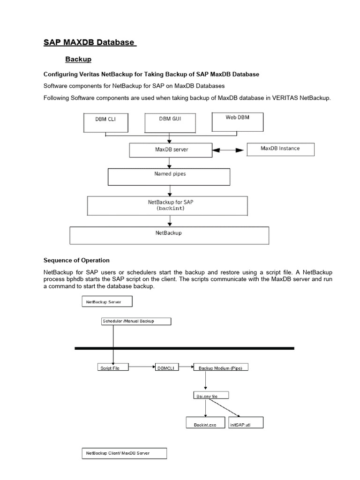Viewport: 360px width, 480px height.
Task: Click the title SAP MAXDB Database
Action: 89,43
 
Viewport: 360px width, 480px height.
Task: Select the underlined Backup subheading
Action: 78,60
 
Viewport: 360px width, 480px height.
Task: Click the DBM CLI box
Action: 105,121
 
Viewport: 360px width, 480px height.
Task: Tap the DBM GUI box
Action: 169,121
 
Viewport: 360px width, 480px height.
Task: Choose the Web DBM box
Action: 238,120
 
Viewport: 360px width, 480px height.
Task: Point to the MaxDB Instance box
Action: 280,149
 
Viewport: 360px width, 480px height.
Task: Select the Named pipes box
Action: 169,176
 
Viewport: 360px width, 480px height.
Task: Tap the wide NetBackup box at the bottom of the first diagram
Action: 169,235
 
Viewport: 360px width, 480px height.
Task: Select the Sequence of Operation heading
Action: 76,260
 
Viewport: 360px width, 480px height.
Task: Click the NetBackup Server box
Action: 107,302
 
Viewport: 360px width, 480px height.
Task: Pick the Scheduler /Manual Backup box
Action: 135,321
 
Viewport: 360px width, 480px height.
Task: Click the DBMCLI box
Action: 167,368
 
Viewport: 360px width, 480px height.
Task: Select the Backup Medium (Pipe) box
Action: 220,368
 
